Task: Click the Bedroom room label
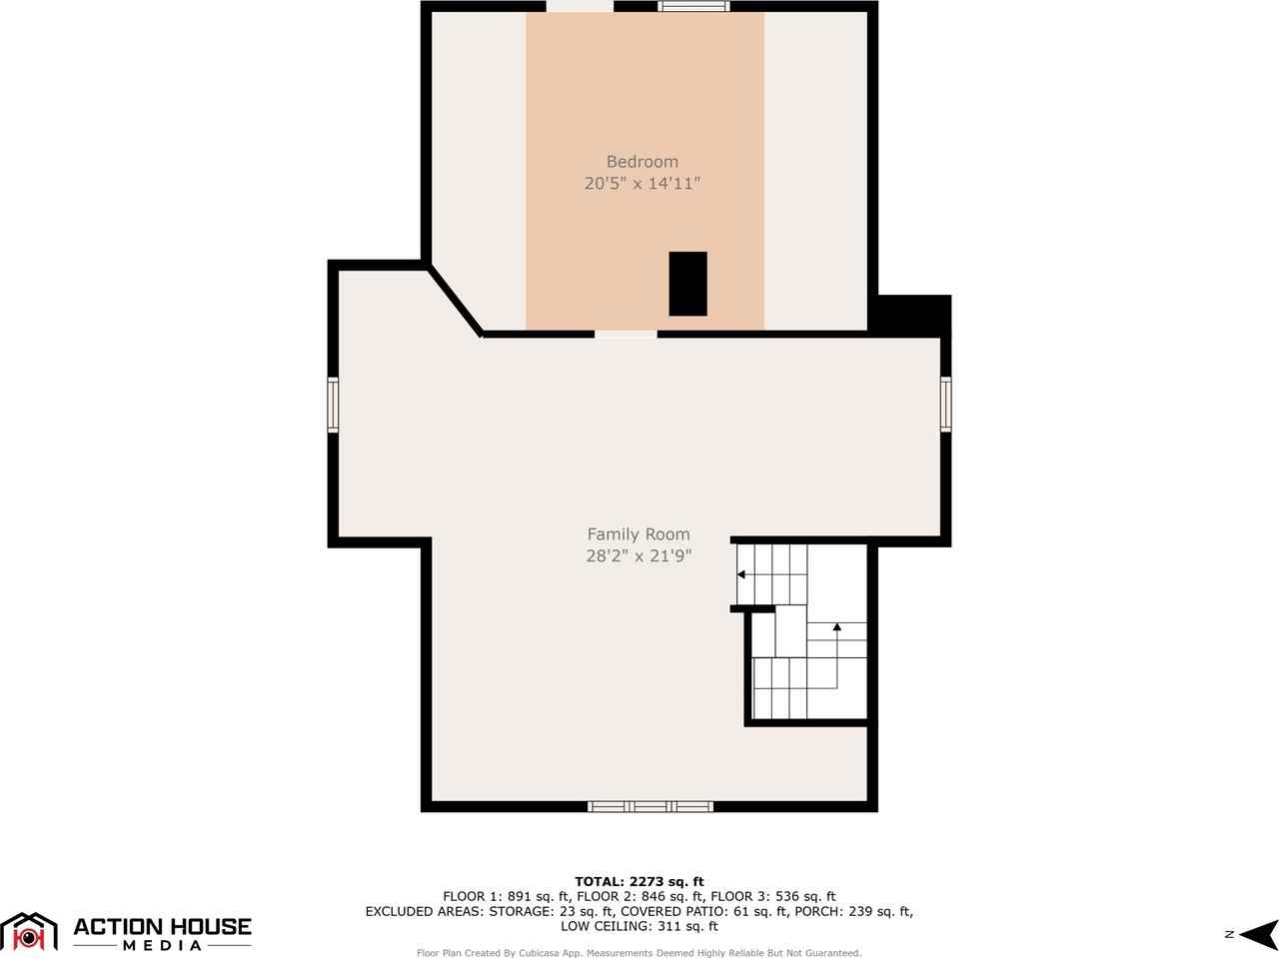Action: click(x=641, y=162)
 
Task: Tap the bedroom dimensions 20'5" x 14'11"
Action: click(x=642, y=184)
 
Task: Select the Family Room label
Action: click(x=638, y=534)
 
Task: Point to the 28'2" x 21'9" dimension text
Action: click(x=639, y=556)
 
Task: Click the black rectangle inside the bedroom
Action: click(x=687, y=284)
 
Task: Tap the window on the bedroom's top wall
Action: click(x=693, y=7)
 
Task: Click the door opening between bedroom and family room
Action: click(x=626, y=334)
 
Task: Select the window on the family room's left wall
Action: click(x=334, y=404)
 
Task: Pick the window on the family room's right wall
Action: click(x=945, y=404)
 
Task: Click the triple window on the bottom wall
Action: click(x=649, y=806)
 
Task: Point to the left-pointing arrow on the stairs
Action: click(x=741, y=574)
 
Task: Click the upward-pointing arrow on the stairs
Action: click(x=836, y=627)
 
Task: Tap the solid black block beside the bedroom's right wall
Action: click(x=911, y=315)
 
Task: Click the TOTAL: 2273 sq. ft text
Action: click(x=639, y=881)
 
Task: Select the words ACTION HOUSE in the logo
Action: click(x=162, y=926)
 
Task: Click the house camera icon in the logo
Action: click(x=30, y=933)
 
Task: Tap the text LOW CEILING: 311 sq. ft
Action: click(x=639, y=926)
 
